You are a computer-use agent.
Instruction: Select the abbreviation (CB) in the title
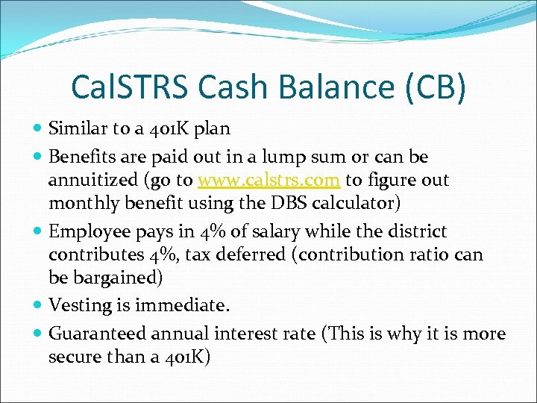(x=437, y=87)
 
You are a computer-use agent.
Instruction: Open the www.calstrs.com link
(x=269, y=180)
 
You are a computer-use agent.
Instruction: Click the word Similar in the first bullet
(x=76, y=128)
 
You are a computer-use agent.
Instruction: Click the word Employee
(x=87, y=231)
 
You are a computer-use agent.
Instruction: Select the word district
(x=414, y=231)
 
